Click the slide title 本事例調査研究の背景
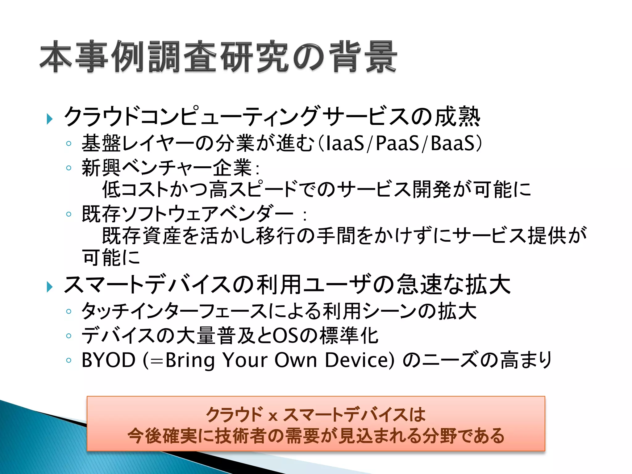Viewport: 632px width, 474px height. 218,57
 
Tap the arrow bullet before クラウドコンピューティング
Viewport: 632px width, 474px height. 49,119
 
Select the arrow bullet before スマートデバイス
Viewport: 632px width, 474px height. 49,287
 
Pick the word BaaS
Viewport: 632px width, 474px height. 452,144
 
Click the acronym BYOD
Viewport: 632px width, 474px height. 108,360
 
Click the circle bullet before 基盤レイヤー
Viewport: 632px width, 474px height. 69,143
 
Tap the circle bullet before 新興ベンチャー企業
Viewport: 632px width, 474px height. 69,168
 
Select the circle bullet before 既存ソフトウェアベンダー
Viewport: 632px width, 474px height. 69,214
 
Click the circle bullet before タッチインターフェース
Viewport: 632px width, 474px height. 69,311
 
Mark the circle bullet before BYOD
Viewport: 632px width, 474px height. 69,360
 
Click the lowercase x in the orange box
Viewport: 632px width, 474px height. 273,416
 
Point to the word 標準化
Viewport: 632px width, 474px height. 349,336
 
